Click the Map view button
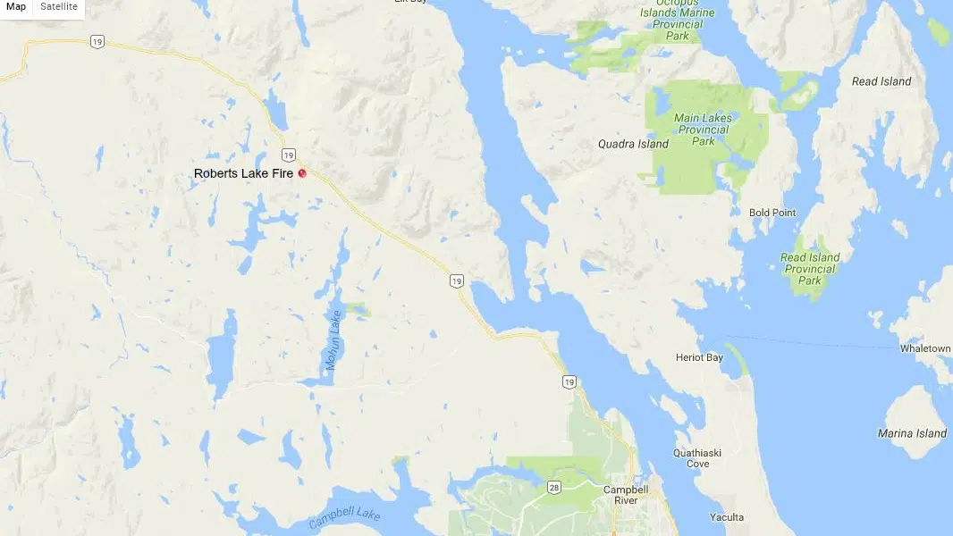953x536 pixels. pyautogui.click(x=16, y=7)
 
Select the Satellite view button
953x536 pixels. pyautogui.click(x=59, y=7)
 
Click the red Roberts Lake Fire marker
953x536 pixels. pyautogui.click(x=302, y=173)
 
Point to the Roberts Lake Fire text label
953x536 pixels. pyautogui.click(x=243, y=173)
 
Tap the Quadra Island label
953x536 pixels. pyautogui.click(x=633, y=144)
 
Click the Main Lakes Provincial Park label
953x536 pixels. pyautogui.click(x=703, y=130)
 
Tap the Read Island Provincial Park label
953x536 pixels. pyautogui.click(x=810, y=269)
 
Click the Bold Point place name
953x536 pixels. pyautogui.click(x=772, y=213)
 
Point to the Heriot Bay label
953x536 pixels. pyautogui.click(x=699, y=358)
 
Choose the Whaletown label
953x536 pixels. pyautogui.click(x=925, y=348)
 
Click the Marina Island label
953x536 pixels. pyautogui.click(x=912, y=433)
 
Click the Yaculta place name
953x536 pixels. pyautogui.click(x=726, y=517)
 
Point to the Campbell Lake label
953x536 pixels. pyautogui.click(x=344, y=517)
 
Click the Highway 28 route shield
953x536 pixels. pyautogui.click(x=554, y=485)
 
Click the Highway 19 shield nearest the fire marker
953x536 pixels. pyautogui.click(x=288, y=155)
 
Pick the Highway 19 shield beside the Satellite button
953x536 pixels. pyautogui.click(x=97, y=40)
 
